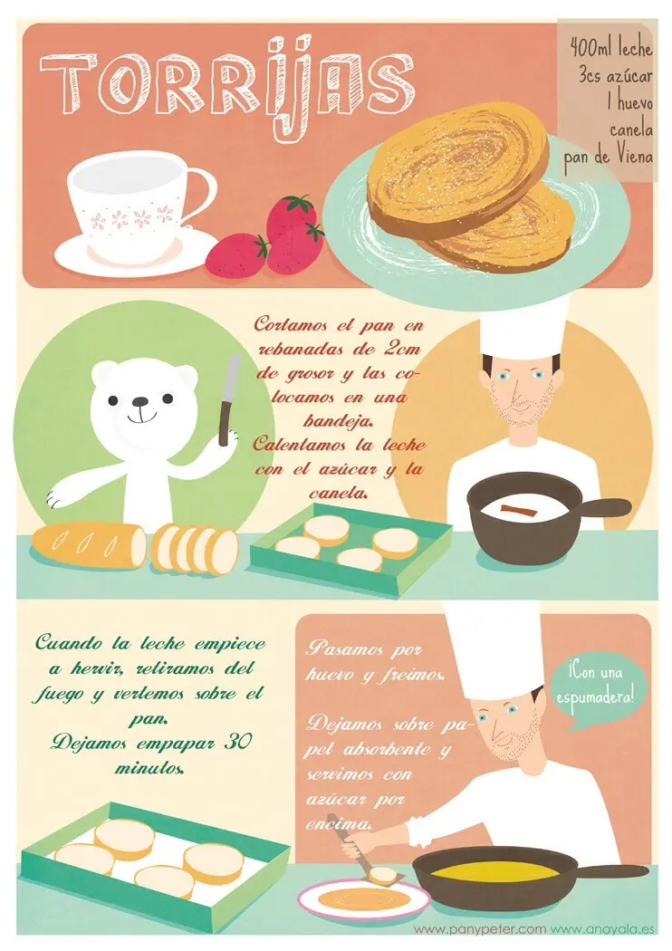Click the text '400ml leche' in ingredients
[x=612, y=43]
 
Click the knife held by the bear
[x=228, y=398]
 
